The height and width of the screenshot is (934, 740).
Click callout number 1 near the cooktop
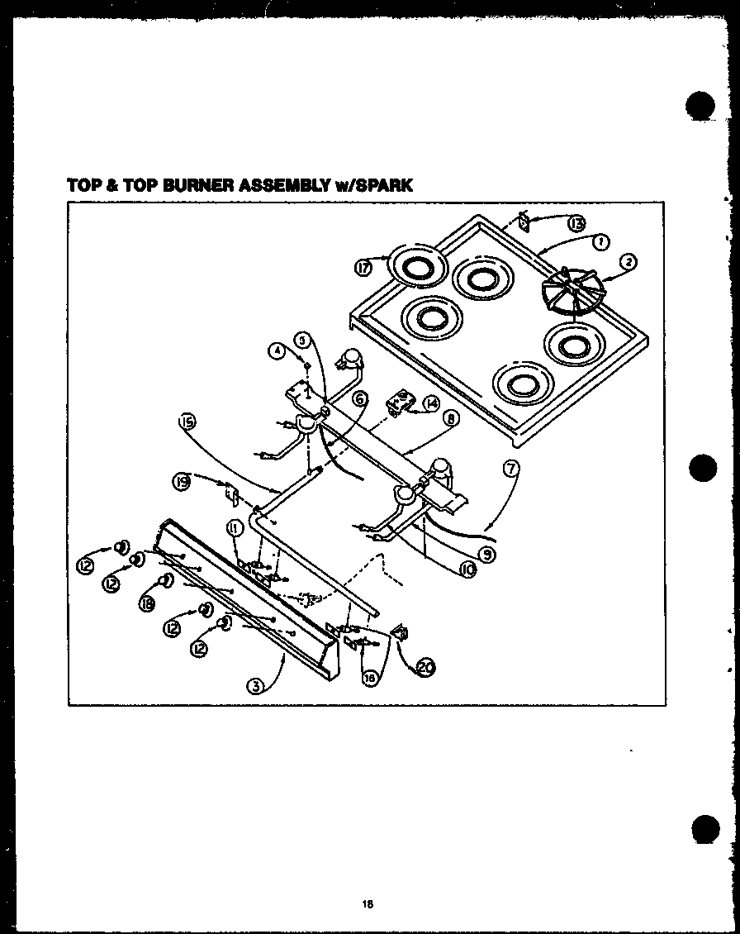pyautogui.click(x=600, y=241)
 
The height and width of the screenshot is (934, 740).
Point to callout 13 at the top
pyautogui.click(x=576, y=222)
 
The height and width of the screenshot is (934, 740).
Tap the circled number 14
pyautogui.click(x=432, y=403)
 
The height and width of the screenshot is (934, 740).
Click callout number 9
pyautogui.click(x=488, y=555)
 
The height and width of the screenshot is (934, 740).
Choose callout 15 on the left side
pyautogui.click(x=188, y=425)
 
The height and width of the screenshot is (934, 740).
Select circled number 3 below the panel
pyautogui.click(x=258, y=685)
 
